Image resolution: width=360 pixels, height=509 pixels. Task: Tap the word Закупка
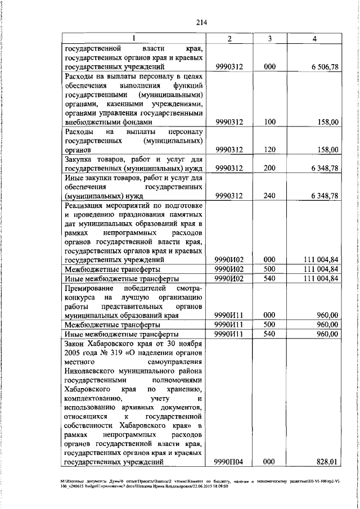click(x=82, y=159)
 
